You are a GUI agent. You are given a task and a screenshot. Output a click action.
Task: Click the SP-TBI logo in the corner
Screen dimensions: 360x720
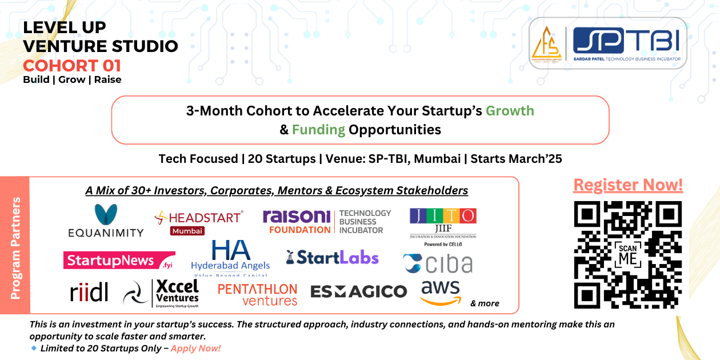click(x=607, y=43)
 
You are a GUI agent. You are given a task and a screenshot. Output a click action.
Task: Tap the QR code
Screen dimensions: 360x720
click(x=627, y=254)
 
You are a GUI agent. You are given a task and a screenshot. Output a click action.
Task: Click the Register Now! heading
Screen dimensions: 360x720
click(x=627, y=185)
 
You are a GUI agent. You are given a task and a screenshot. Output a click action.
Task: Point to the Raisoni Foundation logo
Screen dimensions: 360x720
click(x=327, y=222)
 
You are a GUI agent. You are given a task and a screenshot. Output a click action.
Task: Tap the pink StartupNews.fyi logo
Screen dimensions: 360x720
click(x=119, y=261)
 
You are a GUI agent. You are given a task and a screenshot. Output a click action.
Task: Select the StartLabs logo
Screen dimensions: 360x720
click(x=333, y=258)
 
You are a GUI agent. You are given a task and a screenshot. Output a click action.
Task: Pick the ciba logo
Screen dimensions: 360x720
click(x=438, y=263)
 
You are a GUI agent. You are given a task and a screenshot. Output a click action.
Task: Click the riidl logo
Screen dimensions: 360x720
click(x=89, y=291)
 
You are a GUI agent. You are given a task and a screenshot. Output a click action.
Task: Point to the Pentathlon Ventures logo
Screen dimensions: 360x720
click(x=258, y=294)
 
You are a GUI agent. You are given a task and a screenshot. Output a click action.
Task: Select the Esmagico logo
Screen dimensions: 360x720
click(x=358, y=291)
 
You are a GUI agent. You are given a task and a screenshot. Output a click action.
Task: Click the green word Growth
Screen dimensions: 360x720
click(x=510, y=110)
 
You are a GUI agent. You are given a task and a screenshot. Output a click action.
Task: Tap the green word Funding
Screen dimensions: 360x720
click(x=318, y=130)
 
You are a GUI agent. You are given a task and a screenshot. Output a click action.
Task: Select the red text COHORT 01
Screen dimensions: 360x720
click(x=72, y=65)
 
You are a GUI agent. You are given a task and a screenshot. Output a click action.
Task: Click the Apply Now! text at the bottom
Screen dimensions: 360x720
click(x=195, y=348)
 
